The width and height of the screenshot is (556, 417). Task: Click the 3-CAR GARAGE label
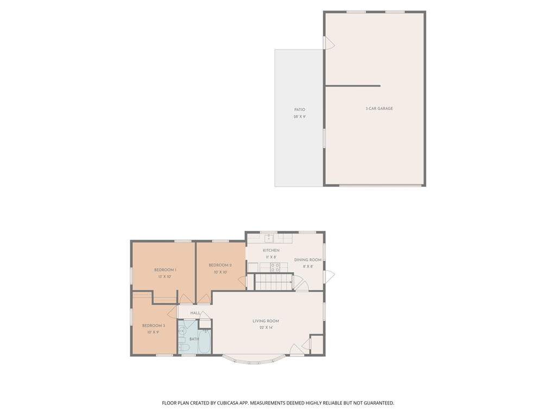(x=379, y=109)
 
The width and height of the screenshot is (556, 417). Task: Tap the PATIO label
(x=300, y=110)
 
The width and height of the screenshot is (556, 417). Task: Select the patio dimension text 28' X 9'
(x=300, y=117)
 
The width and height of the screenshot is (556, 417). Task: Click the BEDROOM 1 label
(x=165, y=270)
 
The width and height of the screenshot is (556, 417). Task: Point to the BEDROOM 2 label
(x=220, y=266)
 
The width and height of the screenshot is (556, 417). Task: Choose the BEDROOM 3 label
(x=153, y=326)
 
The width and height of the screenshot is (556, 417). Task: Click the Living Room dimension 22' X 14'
(x=266, y=328)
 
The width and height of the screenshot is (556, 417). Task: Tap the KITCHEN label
(x=271, y=250)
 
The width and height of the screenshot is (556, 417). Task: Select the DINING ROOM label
(x=308, y=260)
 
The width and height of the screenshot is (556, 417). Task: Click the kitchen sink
(x=269, y=238)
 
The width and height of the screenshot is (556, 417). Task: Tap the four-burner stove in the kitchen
(x=275, y=267)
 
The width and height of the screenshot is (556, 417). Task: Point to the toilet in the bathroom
(x=183, y=346)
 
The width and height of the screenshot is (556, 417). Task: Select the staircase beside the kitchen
(x=274, y=282)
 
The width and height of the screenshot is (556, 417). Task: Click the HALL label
(x=195, y=313)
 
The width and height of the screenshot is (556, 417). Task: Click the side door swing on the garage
(x=329, y=43)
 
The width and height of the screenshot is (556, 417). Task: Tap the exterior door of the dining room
(x=329, y=276)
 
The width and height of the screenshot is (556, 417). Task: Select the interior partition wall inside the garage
(x=352, y=86)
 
